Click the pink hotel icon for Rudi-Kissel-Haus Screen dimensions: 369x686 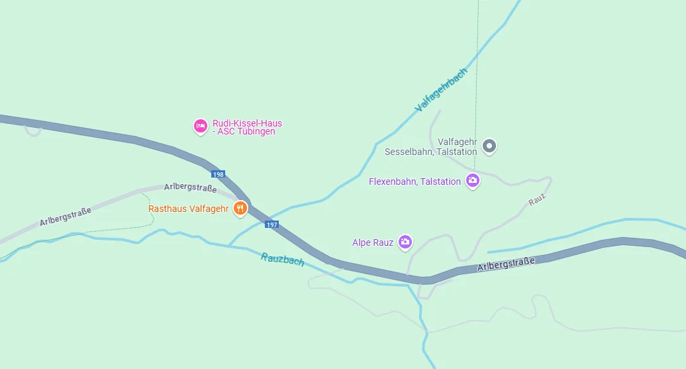(200, 125)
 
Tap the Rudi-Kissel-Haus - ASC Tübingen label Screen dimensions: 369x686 (246, 127)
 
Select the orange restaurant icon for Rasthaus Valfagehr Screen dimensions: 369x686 (240, 209)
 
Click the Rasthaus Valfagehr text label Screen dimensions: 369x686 (188, 209)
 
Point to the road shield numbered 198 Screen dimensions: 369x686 (219, 174)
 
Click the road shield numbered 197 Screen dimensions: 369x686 (271, 225)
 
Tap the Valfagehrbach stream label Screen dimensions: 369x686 (441, 89)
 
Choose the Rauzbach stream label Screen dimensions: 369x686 (283, 260)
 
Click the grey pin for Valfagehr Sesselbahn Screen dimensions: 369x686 (489, 146)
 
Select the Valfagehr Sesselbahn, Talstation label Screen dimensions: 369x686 (431, 147)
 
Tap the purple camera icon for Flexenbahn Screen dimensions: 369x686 (472, 180)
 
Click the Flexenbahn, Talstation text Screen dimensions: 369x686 (415, 182)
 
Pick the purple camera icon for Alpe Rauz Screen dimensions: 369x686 (405, 242)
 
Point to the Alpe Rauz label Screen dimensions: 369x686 (373, 242)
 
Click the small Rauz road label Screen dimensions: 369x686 (537, 199)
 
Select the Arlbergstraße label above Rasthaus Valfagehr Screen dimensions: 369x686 (190, 188)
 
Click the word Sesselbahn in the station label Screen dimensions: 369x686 (407, 152)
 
